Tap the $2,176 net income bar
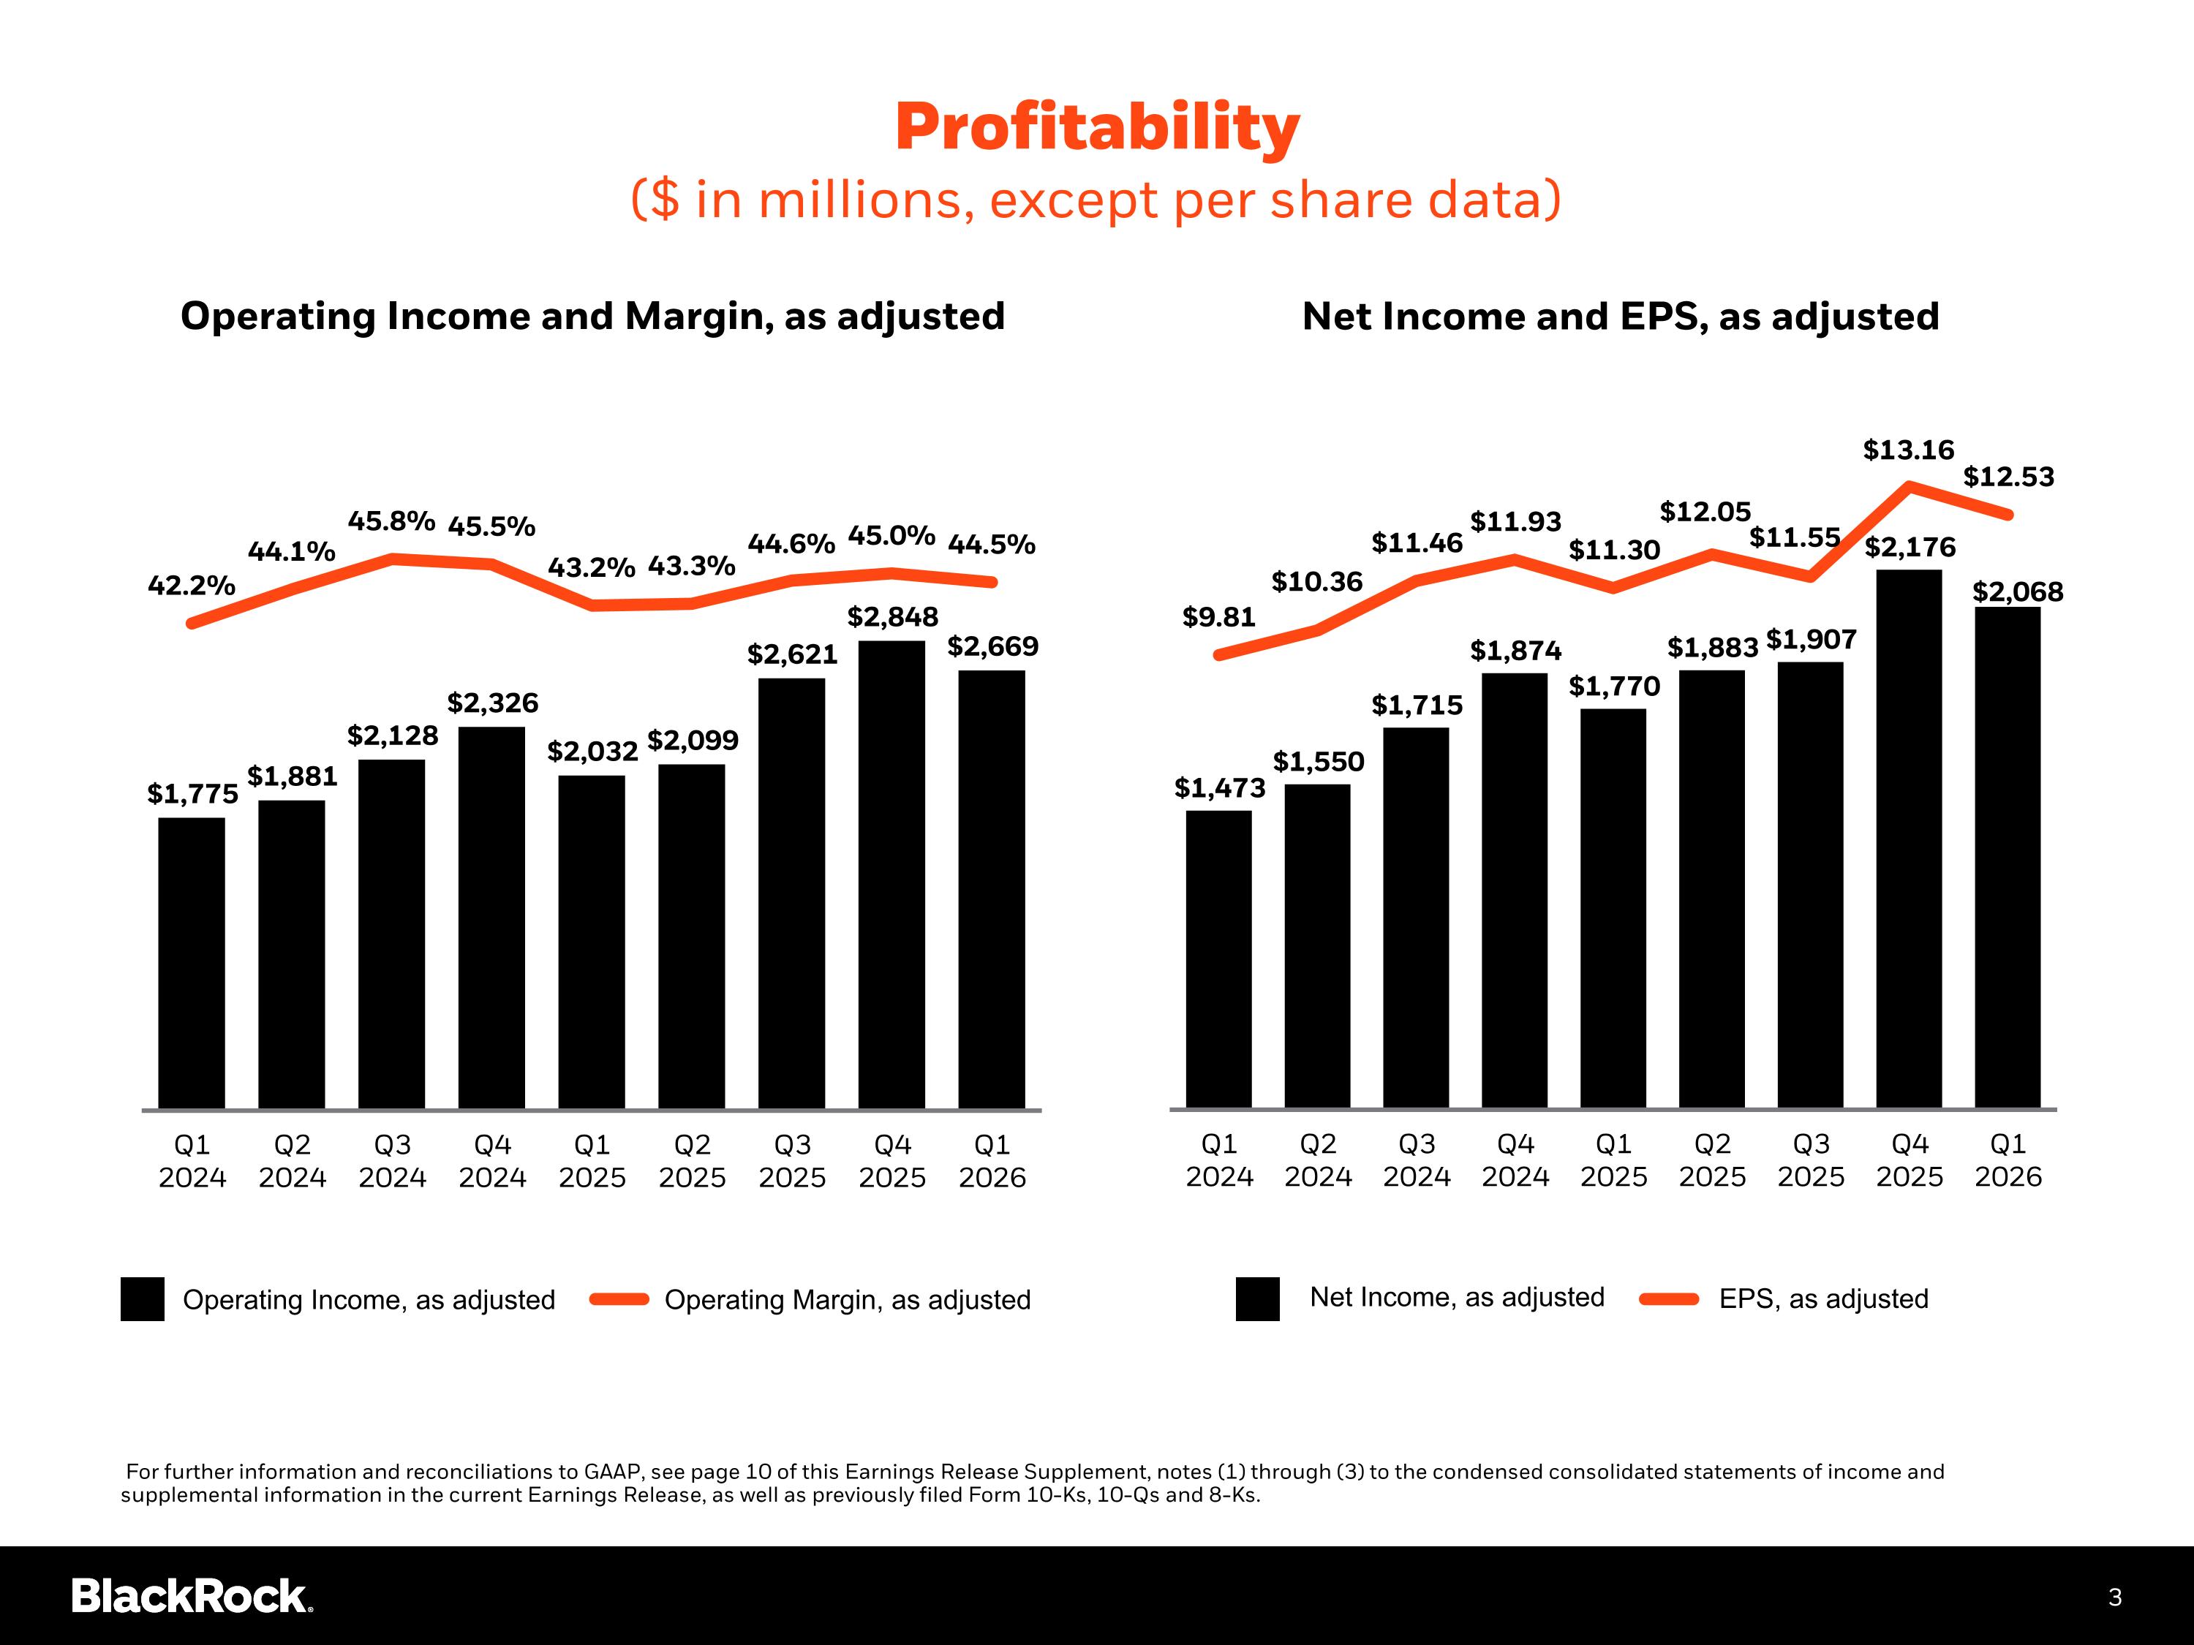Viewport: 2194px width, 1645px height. (1910, 839)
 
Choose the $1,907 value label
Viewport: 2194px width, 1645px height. (1811, 640)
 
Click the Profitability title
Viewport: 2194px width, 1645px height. (1097, 129)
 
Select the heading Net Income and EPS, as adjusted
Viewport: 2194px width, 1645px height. (1620, 317)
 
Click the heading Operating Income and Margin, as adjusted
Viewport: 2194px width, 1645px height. (592, 317)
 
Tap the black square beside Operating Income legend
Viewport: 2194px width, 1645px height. (143, 1299)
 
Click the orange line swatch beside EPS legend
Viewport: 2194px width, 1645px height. (1670, 1299)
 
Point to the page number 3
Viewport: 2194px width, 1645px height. (2115, 1597)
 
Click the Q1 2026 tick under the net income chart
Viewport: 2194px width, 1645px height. (2008, 1160)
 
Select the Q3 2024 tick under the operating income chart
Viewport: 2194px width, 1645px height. (392, 1161)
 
